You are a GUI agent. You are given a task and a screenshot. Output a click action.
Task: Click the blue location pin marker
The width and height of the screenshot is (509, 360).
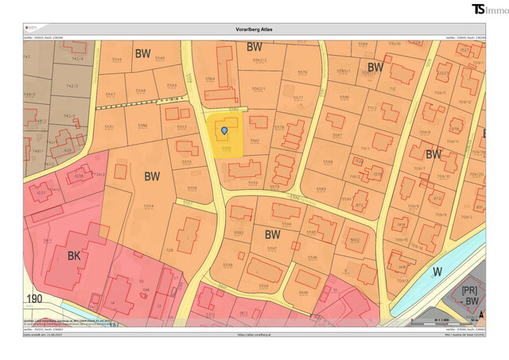(x=224, y=130)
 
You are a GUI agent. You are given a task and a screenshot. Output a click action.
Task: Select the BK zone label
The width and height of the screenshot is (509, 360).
(x=73, y=256)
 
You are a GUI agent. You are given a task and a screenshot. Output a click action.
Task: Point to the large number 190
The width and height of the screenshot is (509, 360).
(x=34, y=300)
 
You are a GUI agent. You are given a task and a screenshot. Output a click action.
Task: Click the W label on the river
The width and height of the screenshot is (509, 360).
(x=437, y=271)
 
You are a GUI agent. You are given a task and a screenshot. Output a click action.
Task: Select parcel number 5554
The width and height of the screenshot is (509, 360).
(x=149, y=206)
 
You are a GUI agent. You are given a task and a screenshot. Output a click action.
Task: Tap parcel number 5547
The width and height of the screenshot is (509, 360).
(x=110, y=95)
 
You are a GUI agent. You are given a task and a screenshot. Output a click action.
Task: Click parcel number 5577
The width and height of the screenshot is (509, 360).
(x=297, y=99)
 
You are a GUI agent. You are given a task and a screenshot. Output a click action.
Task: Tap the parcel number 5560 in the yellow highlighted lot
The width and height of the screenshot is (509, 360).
(x=227, y=148)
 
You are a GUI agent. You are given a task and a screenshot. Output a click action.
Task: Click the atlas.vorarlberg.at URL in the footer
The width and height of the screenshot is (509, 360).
(x=254, y=335)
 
